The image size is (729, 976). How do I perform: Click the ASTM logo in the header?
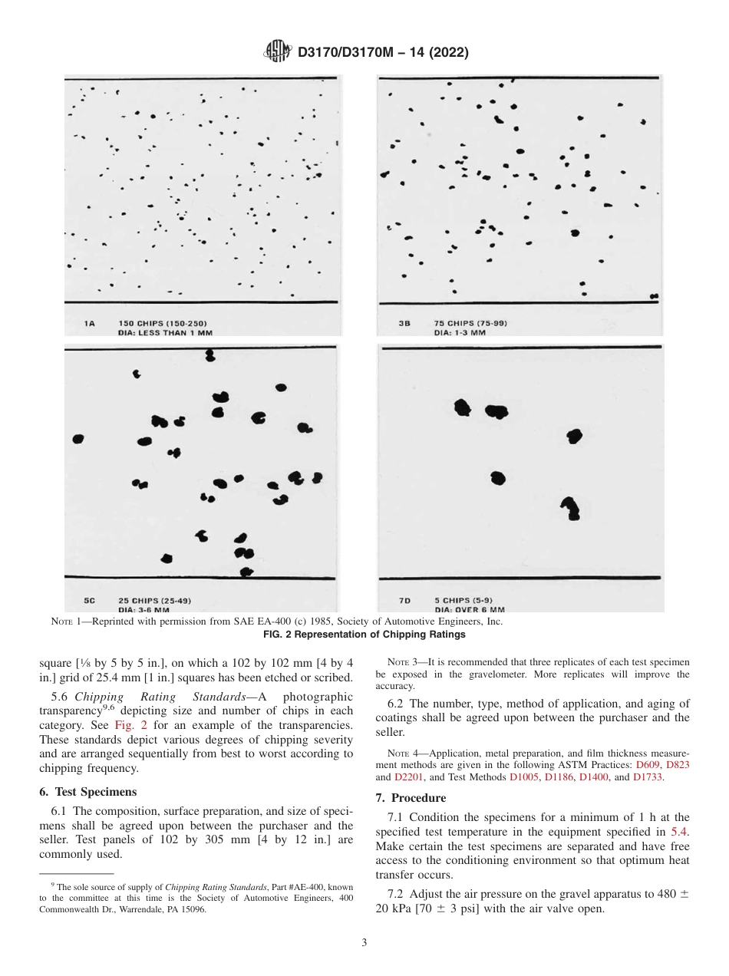pyautogui.click(x=277, y=52)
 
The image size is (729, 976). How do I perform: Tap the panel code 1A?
pyautogui.click(x=89, y=324)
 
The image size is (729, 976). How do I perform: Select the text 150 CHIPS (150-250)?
pyautogui.click(x=163, y=324)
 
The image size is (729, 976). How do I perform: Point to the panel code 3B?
pyautogui.click(x=404, y=323)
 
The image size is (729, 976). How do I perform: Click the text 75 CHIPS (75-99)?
pyautogui.click(x=470, y=323)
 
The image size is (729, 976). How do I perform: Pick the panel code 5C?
pyautogui.click(x=90, y=601)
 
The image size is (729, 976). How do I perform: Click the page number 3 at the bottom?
pyautogui.click(x=364, y=943)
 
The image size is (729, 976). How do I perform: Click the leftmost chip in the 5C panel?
pyautogui.click(x=77, y=439)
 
